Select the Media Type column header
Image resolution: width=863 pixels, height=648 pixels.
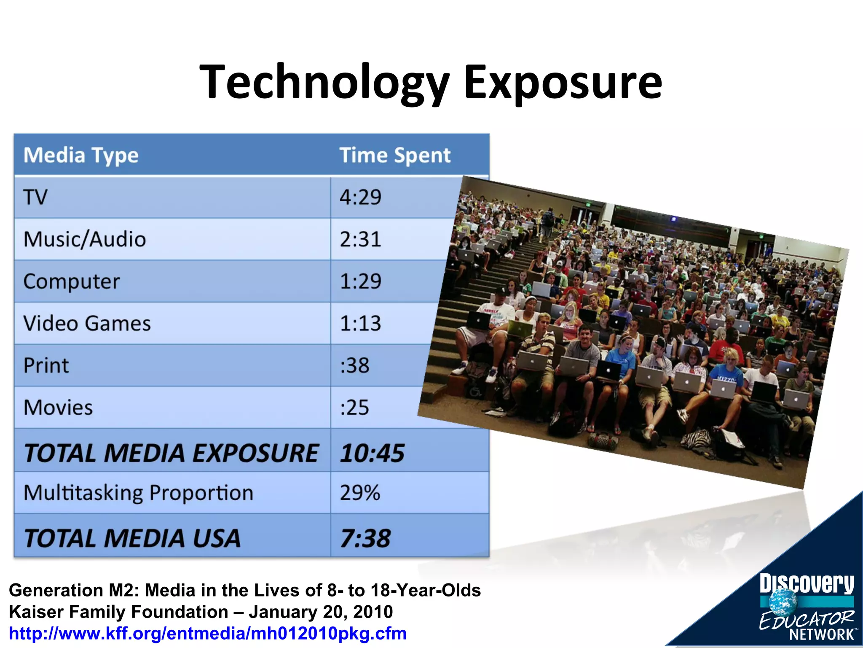(81, 155)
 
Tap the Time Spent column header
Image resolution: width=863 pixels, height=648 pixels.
(395, 155)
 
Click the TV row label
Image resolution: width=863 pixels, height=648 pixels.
(35, 197)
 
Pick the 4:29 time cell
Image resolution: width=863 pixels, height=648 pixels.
(360, 197)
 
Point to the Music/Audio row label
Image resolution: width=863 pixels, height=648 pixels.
(85, 239)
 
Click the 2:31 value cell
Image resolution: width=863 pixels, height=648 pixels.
(360, 239)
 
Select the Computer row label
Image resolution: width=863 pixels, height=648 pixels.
(72, 281)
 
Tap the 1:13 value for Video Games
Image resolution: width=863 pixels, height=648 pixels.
(360, 324)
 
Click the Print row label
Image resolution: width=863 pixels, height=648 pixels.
(46, 365)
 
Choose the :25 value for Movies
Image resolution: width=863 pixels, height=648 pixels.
(354, 408)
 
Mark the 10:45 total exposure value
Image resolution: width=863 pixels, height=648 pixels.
(372, 453)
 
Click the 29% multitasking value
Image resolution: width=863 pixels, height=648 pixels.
(360, 493)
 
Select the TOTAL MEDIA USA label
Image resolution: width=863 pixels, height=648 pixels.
(132, 538)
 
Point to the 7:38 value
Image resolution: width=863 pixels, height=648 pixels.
(365, 538)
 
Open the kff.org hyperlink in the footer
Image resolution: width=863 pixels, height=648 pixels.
(208, 633)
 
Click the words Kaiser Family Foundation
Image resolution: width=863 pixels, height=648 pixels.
(118, 612)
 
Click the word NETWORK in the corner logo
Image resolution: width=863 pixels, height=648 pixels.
(821, 634)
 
